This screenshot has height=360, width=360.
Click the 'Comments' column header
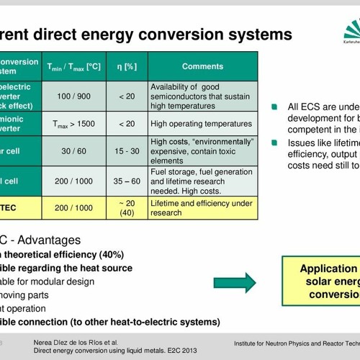pyautogui.click(x=202, y=66)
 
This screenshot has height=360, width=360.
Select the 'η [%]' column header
pyautogui.click(x=127, y=66)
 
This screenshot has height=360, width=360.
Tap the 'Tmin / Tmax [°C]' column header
pyautogui.click(x=73, y=66)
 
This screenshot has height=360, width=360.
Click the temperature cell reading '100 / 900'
pyautogui.click(x=73, y=96)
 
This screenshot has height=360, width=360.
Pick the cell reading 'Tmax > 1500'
pyautogui.click(x=73, y=124)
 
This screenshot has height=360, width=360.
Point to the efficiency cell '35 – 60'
pyautogui.click(x=127, y=181)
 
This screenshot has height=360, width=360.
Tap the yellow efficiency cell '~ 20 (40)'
pyautogui.click(x=127, y=208)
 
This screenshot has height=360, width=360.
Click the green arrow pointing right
pyautogui.click(x=235, y=282)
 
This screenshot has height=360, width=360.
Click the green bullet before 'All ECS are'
pyautogui.click(x=274, y=107)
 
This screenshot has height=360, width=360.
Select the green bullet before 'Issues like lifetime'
pyautogui.click(x=274, y=143)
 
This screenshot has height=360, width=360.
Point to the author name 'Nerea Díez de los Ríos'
pyautogui.click(x=76, y=341)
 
